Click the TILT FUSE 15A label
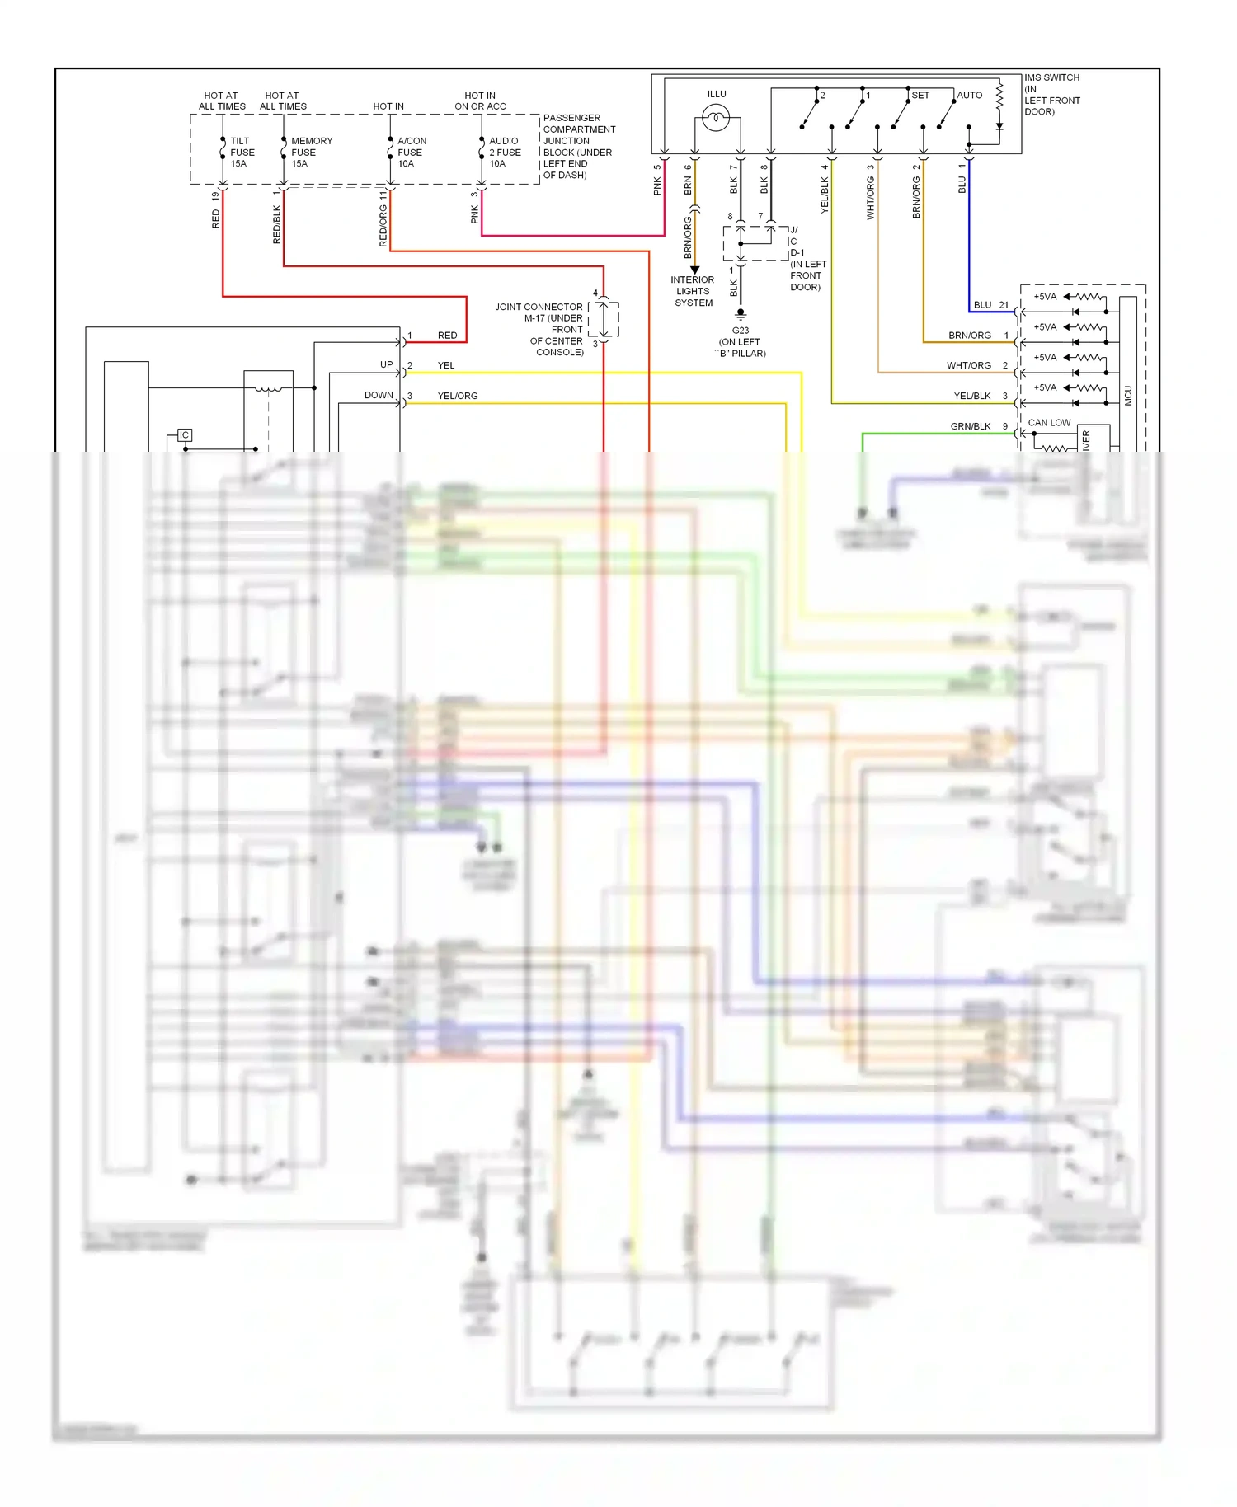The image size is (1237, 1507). click(242, 153)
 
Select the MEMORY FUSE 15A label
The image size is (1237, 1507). click(310, 153)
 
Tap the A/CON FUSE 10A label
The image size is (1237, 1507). click(412, 153)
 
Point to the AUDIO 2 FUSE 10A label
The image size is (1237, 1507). click(504, 153)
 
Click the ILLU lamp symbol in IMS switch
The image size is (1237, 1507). click(716, 119)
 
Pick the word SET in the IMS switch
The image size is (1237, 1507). click(920, 96)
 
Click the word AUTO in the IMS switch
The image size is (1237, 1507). click(969, 96)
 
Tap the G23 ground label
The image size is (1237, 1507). click(740, 331)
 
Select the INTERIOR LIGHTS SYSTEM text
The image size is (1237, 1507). click(693, 292)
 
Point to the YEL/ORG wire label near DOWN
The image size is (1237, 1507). click(458, 397)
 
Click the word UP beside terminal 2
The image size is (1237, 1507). click(386, 364)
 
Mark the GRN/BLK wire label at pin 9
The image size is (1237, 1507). click(970, 427)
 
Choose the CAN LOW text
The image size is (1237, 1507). click(1049, 423)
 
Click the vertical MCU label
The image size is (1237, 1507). click(1128, 396)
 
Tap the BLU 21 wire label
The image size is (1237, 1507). click(982, 305)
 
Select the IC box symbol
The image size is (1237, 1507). click(184, 435)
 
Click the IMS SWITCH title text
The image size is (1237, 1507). click(1051, 78)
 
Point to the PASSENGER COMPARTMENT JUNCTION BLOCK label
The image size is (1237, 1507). click(578, 146)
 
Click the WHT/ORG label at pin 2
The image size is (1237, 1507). click(968, 366)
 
